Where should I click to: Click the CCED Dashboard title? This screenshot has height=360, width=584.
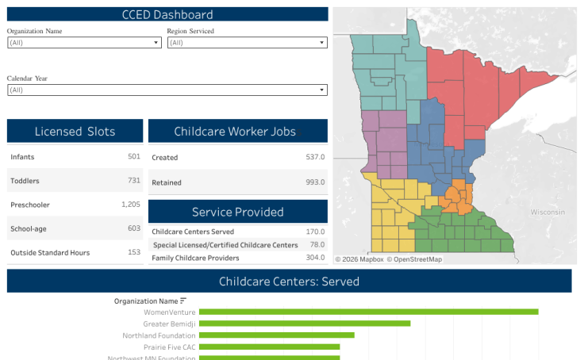[x=167, y=14]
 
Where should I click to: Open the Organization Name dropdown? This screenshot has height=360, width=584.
[x=84, y=43]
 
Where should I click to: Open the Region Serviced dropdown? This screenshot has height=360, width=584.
[x=247, y=43]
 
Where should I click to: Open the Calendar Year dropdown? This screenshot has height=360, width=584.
[x=167, y=90]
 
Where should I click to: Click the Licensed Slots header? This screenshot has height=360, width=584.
[x=75, y=132]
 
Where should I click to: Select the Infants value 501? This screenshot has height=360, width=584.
[x=133, y=156]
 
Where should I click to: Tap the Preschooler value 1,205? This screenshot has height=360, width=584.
[x=130, y=205]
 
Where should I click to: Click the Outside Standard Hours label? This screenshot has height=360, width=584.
[x=50, y=253]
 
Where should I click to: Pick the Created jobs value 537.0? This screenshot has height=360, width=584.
[x=315, y=157]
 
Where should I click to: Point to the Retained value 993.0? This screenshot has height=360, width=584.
[x=315, y=182]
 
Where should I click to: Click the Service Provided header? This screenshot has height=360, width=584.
[x=237, y=212]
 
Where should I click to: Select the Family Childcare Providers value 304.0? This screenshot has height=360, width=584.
[x=315, y=258]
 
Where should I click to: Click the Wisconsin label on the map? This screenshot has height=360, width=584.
[x=547, y=213]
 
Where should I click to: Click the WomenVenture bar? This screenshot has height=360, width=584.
[x=368, y=312]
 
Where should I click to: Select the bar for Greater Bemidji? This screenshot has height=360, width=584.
[x=305, y=324]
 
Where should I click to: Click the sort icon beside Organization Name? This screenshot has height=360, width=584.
[x=184, y=301]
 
